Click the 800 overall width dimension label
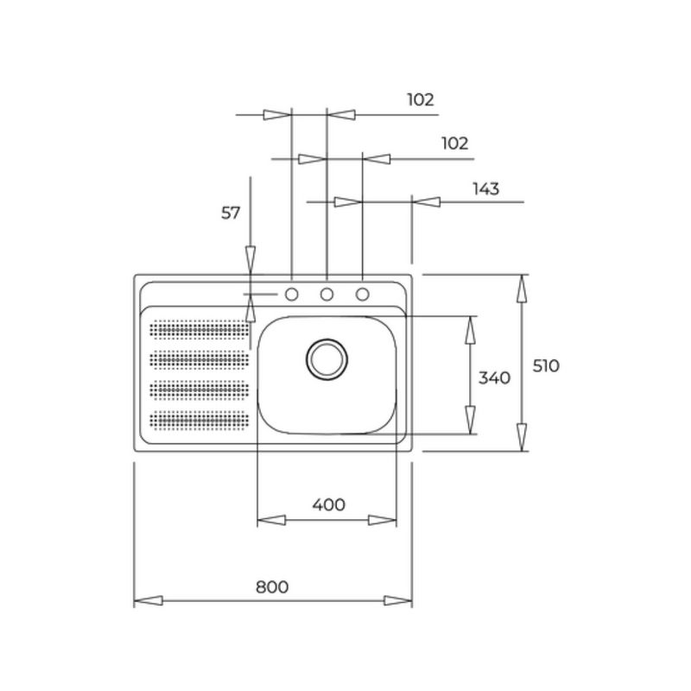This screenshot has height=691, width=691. pyautogui.click(x=272, y=586)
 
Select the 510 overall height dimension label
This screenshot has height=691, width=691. pyautogui.click(x=546, y=365)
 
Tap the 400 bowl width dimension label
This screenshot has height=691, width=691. pyautogui.click(x=329, y=504)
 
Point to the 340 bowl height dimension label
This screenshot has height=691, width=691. pyautogui.click(x=494, y=377)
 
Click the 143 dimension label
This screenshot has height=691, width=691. pyautogui.click(x=486, y=188)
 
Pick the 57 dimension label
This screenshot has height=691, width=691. pyautogui.click(x=231, y=212)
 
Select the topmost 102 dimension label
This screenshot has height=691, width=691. pyautogui.click(x=421, y=99)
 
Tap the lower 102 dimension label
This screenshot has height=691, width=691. pyautogui.click(x=455, y=143)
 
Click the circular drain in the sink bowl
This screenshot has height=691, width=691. pyautogui.click(x=326, y=359)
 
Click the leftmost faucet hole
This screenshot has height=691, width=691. pyautogui.click(x=292, y=294)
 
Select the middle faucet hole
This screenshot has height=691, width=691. pyautogui.click(x=326, y=294)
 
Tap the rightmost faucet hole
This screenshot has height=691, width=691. pyautogui.click(x=362, y=294)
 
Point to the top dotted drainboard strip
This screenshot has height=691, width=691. pyautogui.click(x=200, y=329)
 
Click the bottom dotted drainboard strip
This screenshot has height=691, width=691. pyautogui.click(x=200, y=420)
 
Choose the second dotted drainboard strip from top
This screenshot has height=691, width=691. pyautogui.click(x=200, y=359)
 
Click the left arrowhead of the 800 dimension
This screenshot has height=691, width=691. pyautogui.click(x=148, y=600)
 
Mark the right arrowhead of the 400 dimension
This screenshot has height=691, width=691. pyautogui.click(x=382, y=520)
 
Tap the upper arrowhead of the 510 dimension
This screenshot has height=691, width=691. pyautogui.click(x=522, y=288)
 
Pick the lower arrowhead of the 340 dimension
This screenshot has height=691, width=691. pyautogui.click(x=470, y=420)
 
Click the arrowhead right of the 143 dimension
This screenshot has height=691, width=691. pyautogui.click(x=426, y=202)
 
